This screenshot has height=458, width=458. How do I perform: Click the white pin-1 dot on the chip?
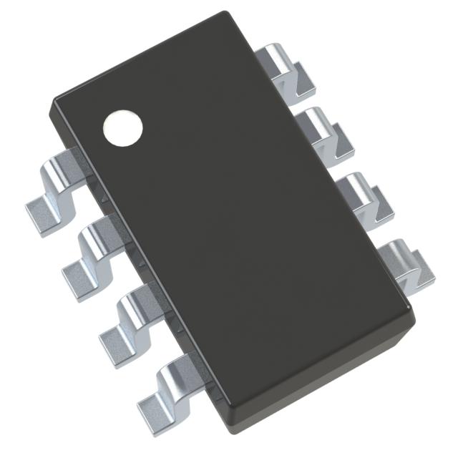tap(123, 127)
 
